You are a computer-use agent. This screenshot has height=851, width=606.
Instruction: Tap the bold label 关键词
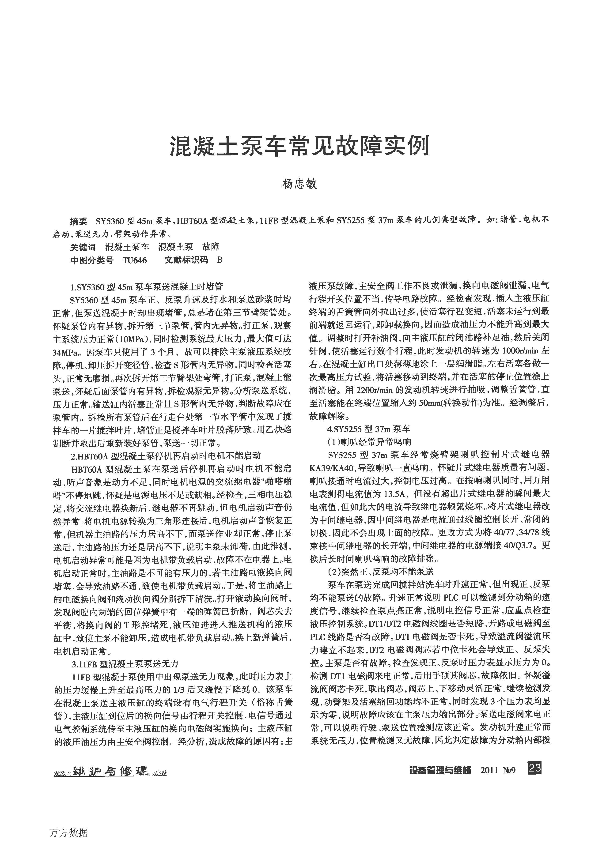point(83,247)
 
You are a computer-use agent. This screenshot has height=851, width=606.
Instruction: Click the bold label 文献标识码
point(186,260)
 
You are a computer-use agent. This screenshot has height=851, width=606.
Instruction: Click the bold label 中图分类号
point(92,260)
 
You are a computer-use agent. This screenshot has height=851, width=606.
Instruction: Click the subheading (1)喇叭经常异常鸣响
point(369,442)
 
